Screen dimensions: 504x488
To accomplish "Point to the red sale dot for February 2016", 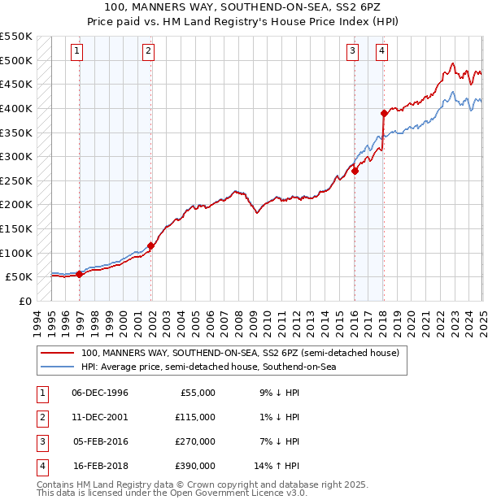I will click(x=355, y=171).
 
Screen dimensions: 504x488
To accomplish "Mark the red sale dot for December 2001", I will click(x=152, y=245).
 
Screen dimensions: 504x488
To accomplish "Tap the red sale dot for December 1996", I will click(x=80, y=275).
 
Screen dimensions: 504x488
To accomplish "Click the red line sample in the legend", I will click(x=57, y=354).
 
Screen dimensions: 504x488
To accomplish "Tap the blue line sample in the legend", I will click(x=57, y=367).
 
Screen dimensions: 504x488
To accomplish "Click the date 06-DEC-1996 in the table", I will click(x=100, y=393).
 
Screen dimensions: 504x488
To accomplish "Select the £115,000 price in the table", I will click(x=195, y=417).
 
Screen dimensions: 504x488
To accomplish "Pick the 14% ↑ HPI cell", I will click(x=277, y=466).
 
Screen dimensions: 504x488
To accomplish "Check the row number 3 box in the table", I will click(x=41, y=441).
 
